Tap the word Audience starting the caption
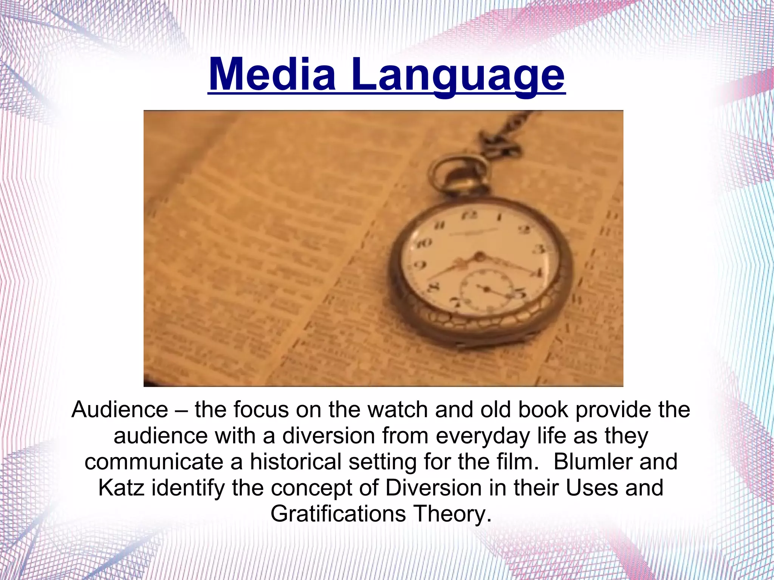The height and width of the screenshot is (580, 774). point(120,410)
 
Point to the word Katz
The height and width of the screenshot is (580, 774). point(121,488)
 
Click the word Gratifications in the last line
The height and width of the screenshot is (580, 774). point(338,514)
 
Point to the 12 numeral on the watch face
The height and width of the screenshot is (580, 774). point(469,215)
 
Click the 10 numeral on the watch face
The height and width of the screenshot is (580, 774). point(424,243)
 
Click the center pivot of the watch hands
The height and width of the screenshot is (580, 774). point(479,257)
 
